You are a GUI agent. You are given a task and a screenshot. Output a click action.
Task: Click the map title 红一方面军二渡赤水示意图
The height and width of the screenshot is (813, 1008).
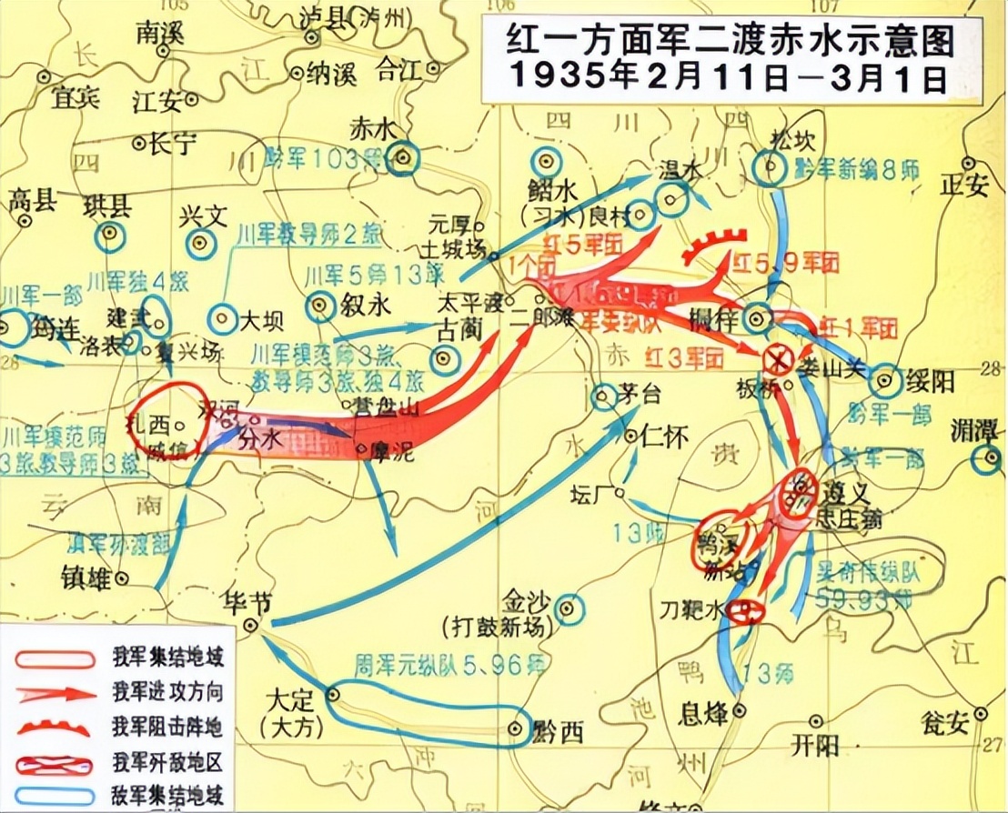click(x=719, y=41)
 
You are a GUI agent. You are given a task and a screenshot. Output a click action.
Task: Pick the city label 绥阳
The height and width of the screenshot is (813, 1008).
click(x=927, y=379)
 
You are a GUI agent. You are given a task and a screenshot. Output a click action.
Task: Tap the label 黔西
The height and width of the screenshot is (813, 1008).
click(x=557, y=733)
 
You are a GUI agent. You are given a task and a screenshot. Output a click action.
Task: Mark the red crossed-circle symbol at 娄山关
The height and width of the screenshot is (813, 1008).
click(x=778, y=360)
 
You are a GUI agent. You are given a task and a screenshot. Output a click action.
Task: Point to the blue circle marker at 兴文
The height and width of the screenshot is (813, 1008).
click(x=202, y=243)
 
